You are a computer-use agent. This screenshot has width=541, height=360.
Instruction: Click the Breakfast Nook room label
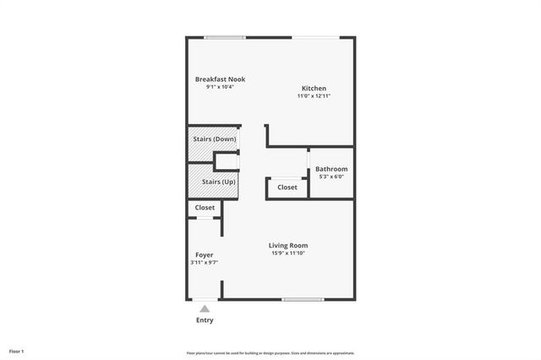[x=220, y=79]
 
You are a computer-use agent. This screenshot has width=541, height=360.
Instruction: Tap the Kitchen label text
[x=314, y=89]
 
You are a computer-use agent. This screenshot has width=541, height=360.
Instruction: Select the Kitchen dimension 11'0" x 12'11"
[x=314, y=96]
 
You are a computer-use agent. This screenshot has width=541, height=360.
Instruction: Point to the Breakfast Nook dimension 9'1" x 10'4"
[x=220, y=87]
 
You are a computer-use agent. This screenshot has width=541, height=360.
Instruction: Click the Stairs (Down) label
[x=212, y=139]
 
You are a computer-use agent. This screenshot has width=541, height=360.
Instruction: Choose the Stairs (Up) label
[x=218, y=182]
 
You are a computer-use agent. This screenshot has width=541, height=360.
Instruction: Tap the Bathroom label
[x=331, y=169]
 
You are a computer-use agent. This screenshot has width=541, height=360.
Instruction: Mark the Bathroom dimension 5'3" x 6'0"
[x=331, y=177]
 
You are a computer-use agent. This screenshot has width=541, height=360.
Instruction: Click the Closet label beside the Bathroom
[x=287, y=188]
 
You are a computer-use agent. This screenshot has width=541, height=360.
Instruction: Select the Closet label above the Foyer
[x=205, y=208]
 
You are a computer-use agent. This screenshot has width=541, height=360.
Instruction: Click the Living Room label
[x=288, y=246]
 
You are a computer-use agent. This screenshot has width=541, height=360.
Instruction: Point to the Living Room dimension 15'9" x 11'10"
[x=288, y=254]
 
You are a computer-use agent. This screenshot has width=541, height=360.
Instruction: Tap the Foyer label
[x=204, y=254]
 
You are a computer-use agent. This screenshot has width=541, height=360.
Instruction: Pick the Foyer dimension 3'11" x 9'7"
[x=204, y=263]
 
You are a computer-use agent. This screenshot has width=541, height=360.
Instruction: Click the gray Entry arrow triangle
[x=205, y=309]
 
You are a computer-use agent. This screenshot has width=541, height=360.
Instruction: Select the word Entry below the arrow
[x=205, y=320]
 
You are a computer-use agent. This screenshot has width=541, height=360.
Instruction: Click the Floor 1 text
[x=17, y=351]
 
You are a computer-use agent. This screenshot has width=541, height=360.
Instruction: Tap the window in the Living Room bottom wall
[x=303, y=299]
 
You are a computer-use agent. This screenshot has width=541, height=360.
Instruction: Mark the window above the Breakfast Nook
[x=225, y=37]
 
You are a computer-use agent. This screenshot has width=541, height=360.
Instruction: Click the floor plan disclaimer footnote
[x=270, y=353]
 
